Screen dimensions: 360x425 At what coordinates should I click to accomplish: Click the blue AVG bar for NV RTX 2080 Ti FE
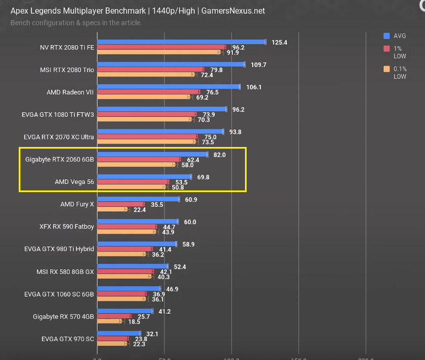pos(181,42)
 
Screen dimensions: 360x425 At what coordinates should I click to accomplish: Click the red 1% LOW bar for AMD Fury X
pos(121,204)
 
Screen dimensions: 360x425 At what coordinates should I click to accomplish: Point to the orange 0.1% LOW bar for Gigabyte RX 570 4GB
pos(110,321)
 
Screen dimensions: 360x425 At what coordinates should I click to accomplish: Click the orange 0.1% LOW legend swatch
pos(387,69)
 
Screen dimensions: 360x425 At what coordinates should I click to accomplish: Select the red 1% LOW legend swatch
pos(387,48)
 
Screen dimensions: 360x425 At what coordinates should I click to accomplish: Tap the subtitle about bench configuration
pos(76,23)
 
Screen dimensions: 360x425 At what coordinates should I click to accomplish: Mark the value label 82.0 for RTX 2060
pos(220,155)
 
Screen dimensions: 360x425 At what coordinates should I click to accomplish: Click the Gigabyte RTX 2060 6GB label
pos(59,160)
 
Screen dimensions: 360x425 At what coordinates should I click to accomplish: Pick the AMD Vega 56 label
pos(74,182)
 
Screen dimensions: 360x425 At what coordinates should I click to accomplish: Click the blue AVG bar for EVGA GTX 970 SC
pos(119,333)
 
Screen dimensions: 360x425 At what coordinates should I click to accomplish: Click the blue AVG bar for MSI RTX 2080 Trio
pos(171,64)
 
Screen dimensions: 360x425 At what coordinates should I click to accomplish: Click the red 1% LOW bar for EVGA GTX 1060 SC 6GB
pos(122,294)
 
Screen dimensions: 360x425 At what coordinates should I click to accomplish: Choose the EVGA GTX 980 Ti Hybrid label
pos(59,249)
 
